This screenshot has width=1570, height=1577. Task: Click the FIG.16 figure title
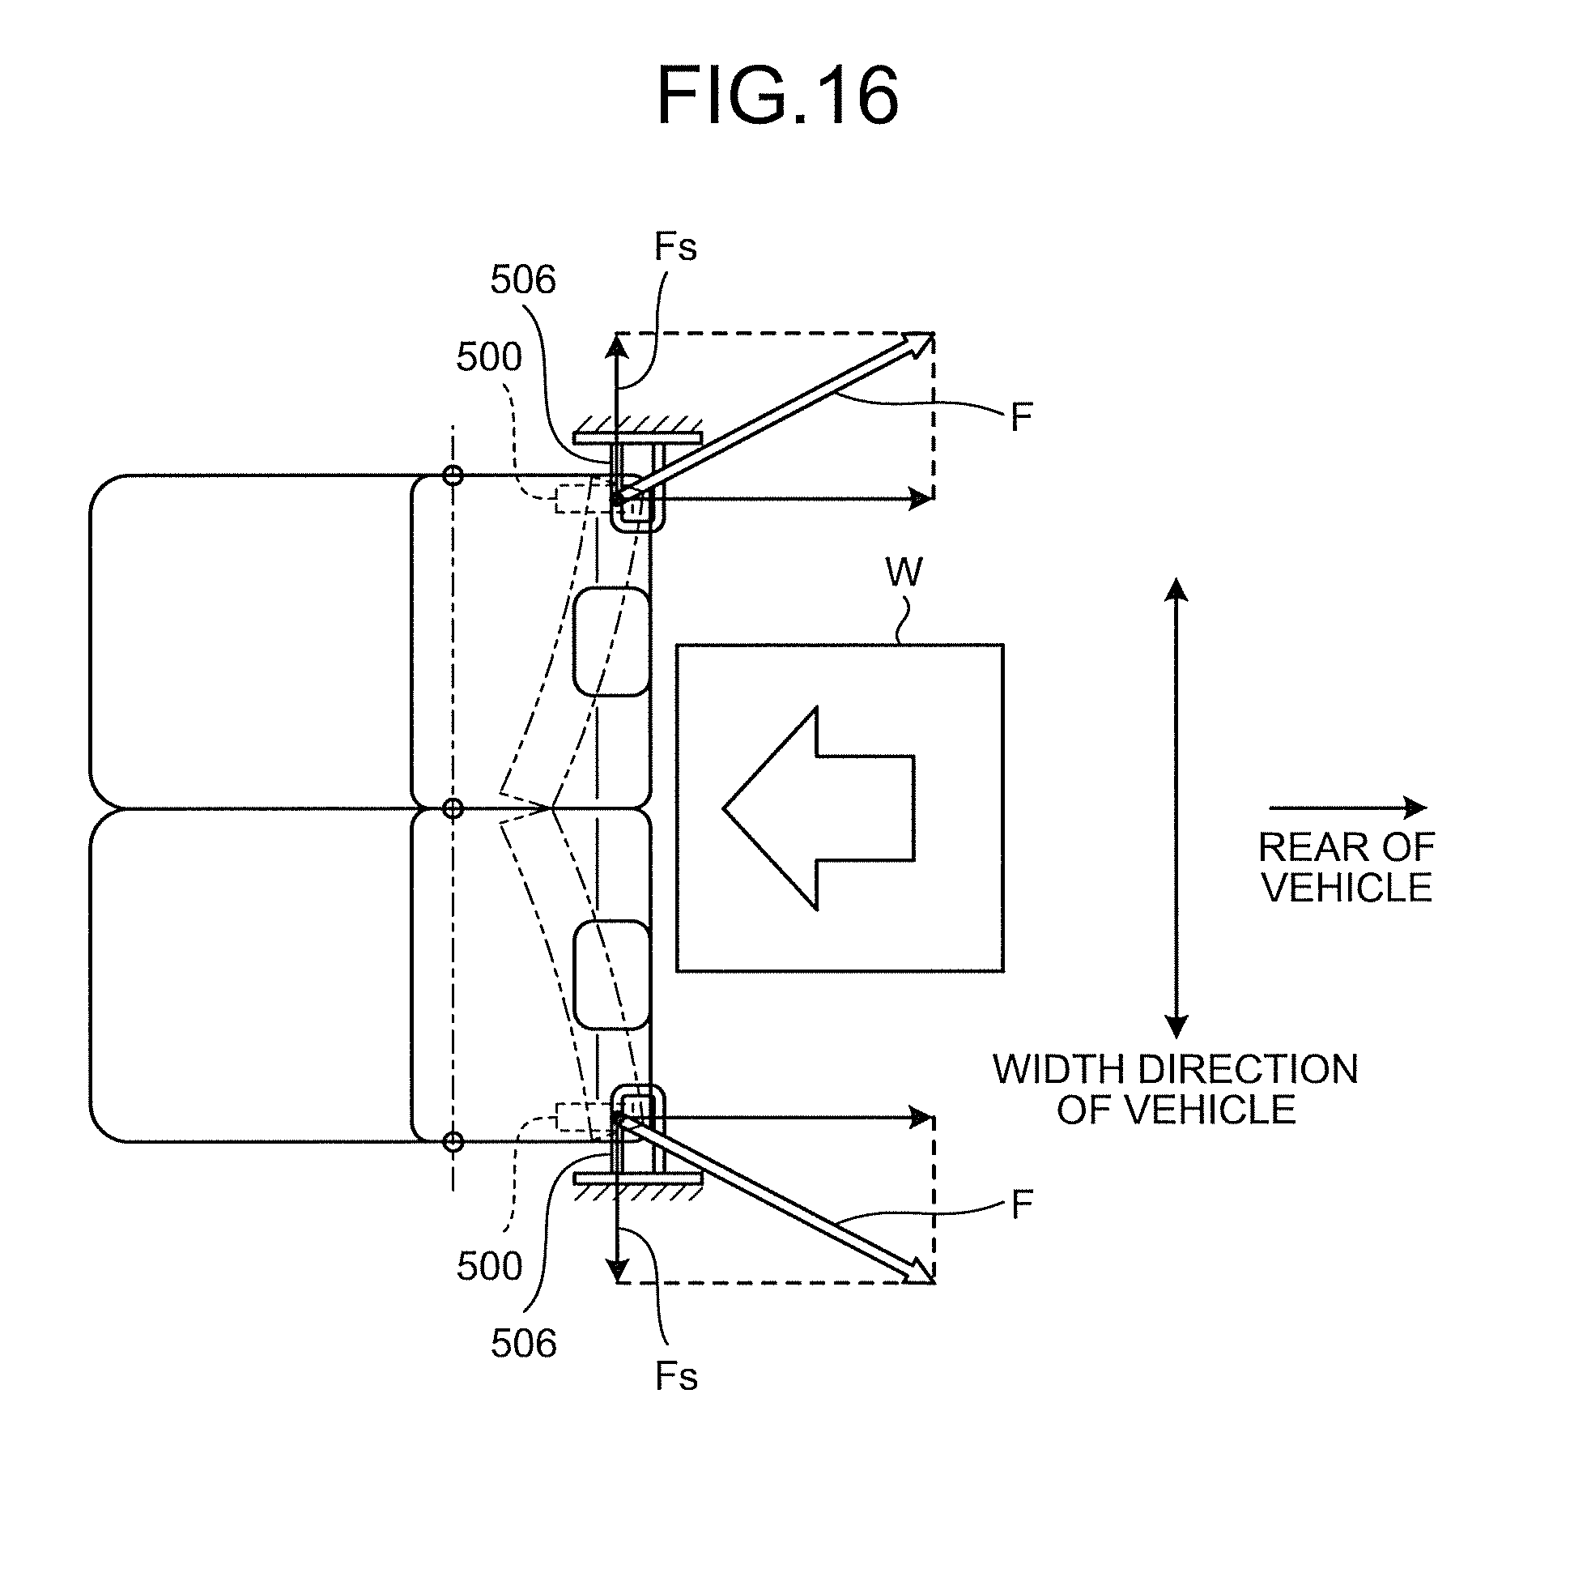point(777,97)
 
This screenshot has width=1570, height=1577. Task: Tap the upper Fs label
point(675,246)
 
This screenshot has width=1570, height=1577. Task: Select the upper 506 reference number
point(523,280)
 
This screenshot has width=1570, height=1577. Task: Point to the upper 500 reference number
point(489,356)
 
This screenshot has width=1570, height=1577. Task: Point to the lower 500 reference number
point(490,1266)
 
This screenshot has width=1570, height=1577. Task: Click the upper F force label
point(1022,418)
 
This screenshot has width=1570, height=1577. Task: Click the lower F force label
point(1022,1204)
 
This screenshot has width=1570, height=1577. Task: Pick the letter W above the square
point(904,572)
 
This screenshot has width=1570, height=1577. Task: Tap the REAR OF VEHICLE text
point(1347,867)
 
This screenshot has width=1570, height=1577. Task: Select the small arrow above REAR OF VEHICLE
point(1348,808)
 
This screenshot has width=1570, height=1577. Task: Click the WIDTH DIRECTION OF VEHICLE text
point(1176,1089)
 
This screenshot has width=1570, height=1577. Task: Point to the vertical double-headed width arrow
point(1176,808)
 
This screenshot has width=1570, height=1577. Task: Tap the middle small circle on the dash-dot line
point(453,808)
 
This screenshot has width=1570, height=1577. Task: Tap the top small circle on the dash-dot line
point(453,475)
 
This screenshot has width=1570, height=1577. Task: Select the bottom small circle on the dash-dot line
point(453,1141)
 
